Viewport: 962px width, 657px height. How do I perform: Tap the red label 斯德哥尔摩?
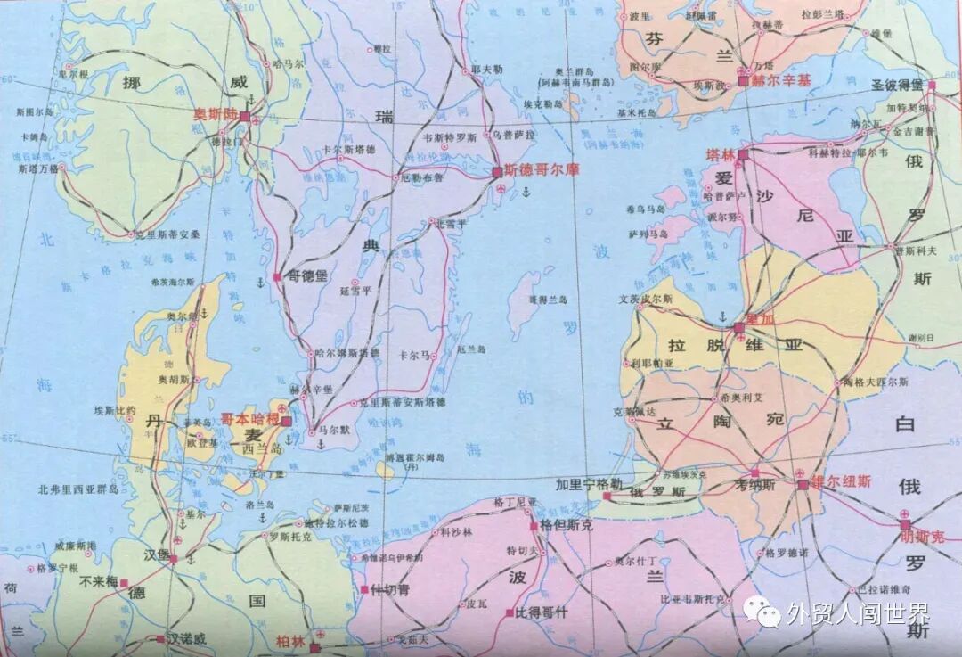coord(534,169)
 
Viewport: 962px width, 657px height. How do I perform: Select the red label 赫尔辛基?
coord(782,80)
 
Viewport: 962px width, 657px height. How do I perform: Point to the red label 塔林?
coord(718,154)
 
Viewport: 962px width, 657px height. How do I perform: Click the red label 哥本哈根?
coord(250,419)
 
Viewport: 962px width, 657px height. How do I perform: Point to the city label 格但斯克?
coord(567,526)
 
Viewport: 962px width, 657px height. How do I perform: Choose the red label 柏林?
coord(291,641)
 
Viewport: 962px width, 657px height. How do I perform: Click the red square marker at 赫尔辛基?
coord(743,81)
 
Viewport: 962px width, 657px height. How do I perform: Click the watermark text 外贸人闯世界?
coord(857,613)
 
